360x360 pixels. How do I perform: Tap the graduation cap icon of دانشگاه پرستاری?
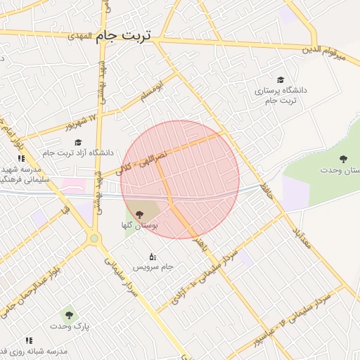[x=281, y=81]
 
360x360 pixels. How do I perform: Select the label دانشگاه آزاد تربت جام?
[x=77, y=152]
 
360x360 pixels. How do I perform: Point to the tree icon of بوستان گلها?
[x=137, y=213]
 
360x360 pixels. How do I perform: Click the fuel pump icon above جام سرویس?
[x=152, y=256]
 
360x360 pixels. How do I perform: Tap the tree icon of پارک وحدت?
[x=69, y=314]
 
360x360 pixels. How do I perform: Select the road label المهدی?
[x=80, y=35]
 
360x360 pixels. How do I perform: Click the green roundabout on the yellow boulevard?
[x=94, y=238]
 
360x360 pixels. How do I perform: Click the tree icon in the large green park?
[x=342, y=159]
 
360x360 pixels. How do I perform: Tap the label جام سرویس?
[x=158, y=268]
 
